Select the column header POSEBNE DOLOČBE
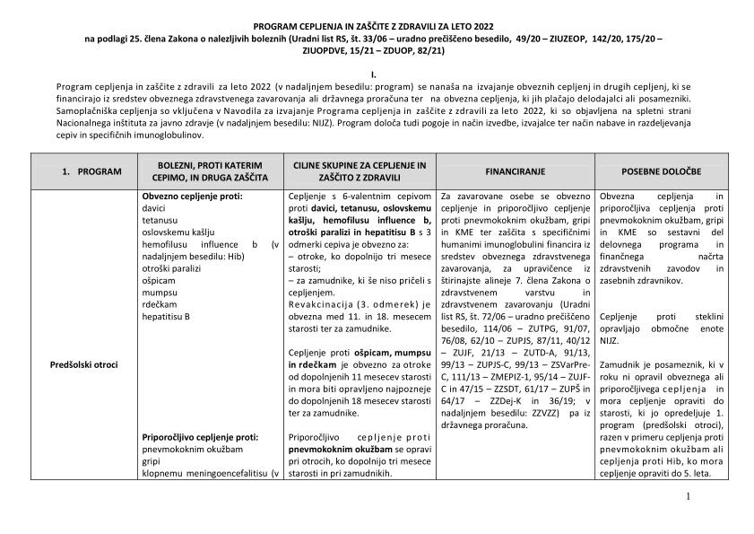[x=661, y=171]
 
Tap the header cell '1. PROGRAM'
[x=85, y=171]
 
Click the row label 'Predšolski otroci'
[x=85, y=364]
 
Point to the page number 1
[x=688, y=495]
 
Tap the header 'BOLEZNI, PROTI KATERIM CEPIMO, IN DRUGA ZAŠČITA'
[x=208, y=171]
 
